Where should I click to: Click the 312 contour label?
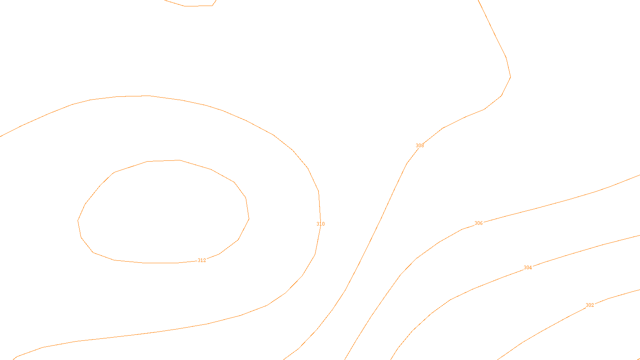pyautogui.click(x=202, y=260)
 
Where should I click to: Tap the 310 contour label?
pyautogui.click(x=320, y=224)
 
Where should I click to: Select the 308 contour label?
pyautogui.click(x=420, y=146)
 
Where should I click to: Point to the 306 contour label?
pyautogui.click(x=478, y=223)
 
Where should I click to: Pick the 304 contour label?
pyautogui.click(x=528, y=268)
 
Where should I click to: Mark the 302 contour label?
pyautogui.click(x=590, y=305)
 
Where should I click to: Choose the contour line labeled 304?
pyautogui.click(x=580, y=251)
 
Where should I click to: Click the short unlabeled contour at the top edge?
pyautogui.click(x=196, y=6)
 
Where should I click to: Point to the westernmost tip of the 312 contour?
pyautogui.click(x=78, y=220)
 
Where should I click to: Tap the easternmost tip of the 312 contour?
pyautogui.click(x=249, y=218)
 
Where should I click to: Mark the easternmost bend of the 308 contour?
pyautogui.click(x=510, y=76)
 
